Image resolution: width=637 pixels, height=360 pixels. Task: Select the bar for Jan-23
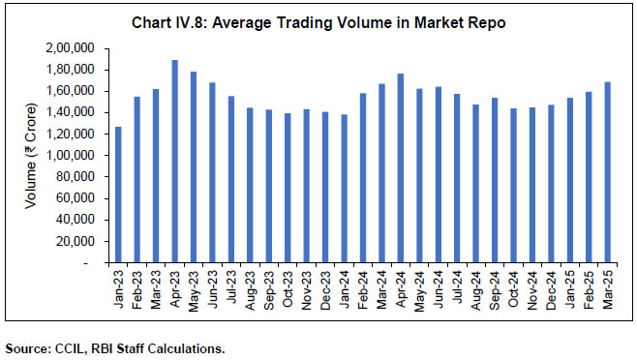(x=119, y=195)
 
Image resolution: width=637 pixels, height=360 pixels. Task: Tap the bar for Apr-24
(x=400, y=168)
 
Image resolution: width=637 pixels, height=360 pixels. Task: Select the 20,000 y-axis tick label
(x=84, y=241)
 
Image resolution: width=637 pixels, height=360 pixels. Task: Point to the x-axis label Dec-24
(x=550, y=286)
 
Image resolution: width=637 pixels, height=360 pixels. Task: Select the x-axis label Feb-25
(x=588, y=286)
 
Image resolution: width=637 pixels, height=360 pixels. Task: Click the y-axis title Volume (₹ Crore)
(x=32, y=155)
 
